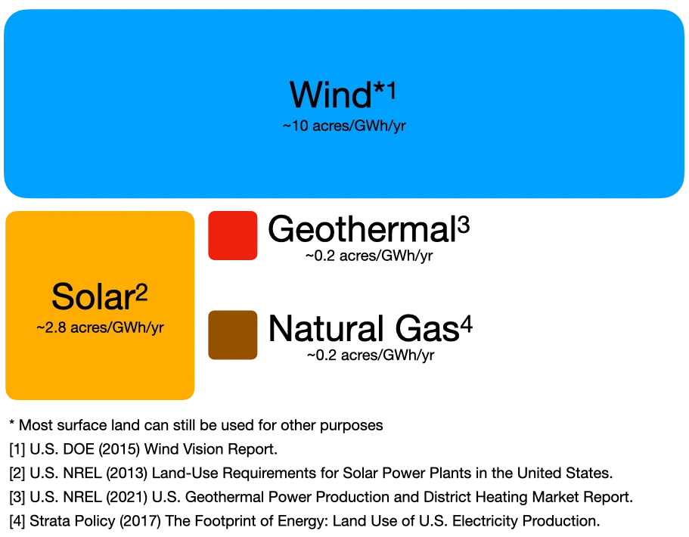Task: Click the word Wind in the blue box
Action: pyautogui.click(x=330, y=95)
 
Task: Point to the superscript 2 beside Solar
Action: pyautogui.click(x=141, y=292)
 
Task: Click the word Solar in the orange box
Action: pyautogui.click(x=92, y=296)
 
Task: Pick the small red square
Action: pyautogui.click(x=233, y=235)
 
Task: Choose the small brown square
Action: pyautogui.click(x=233, y=335)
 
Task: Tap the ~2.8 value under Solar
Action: pyautogui.click(x=49, y=329)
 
